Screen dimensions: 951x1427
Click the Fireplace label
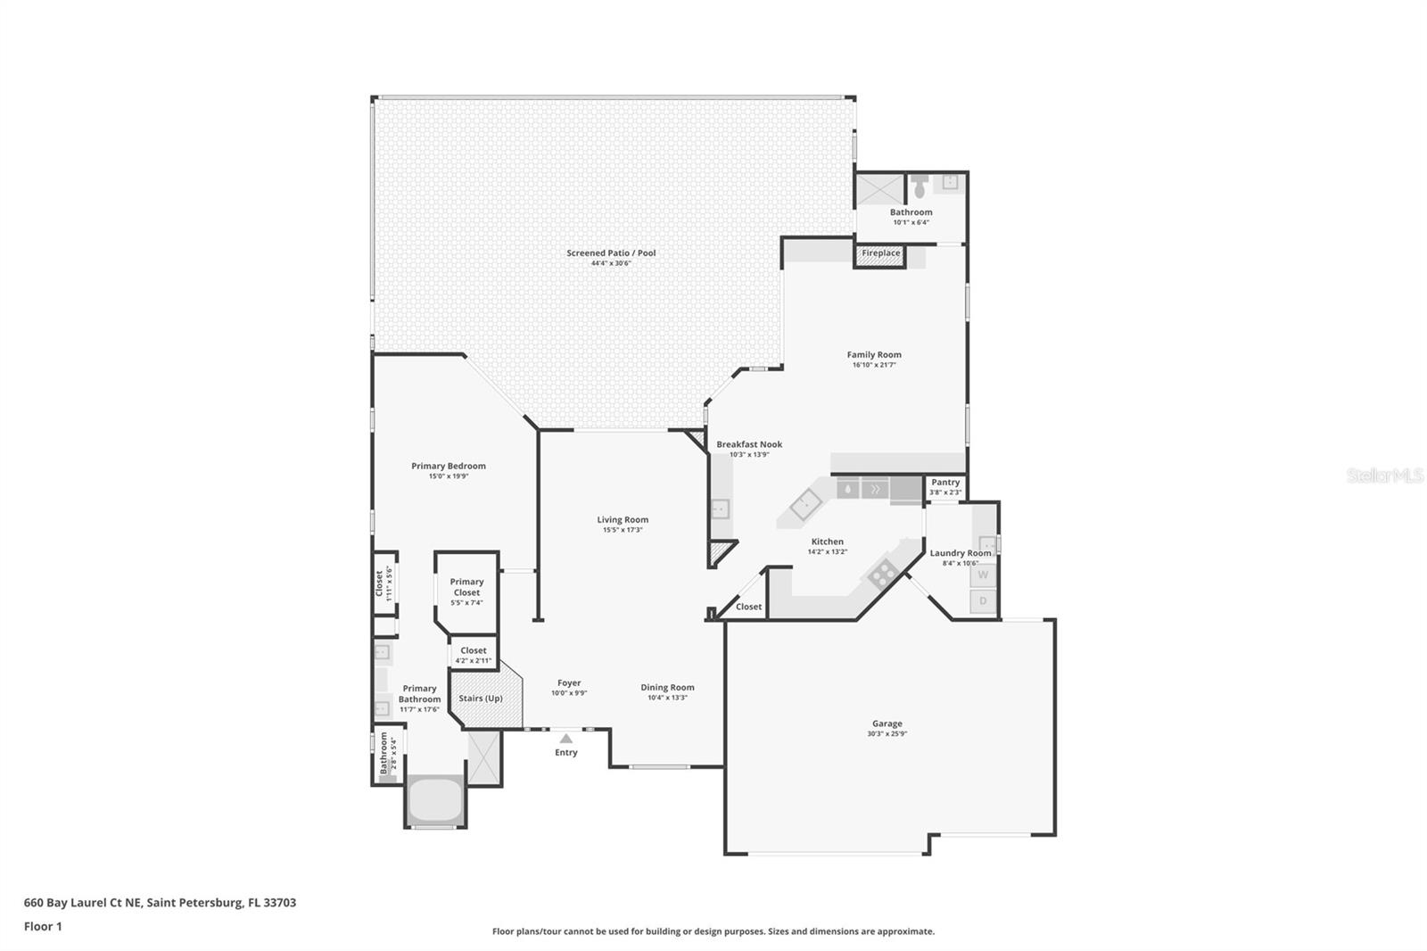[880, 253]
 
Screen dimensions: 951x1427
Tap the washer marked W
[983, 575]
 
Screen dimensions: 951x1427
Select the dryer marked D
[983, 601]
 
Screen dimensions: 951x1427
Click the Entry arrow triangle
[565, 738]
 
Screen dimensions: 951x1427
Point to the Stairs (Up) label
[481, 699]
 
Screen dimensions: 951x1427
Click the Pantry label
[945, 483]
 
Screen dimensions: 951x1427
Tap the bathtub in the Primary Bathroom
[434, 800]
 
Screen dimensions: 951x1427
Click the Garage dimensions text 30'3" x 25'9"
[887, 734]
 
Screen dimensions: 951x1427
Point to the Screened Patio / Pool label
[611, 253]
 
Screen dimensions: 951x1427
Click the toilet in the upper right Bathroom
[920, 186]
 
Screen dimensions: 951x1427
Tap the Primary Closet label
[466, 587]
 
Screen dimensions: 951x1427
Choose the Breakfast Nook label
[749, 444]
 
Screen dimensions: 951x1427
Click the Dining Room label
[667, 688]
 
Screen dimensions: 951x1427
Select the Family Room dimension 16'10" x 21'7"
[874, 365]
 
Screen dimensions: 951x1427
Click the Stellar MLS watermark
[1384, 475]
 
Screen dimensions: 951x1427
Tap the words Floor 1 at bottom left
[43, 926]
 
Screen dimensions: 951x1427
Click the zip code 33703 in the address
[279, 902]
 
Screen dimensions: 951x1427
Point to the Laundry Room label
[960, 553]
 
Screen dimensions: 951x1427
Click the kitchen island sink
[805, 504]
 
